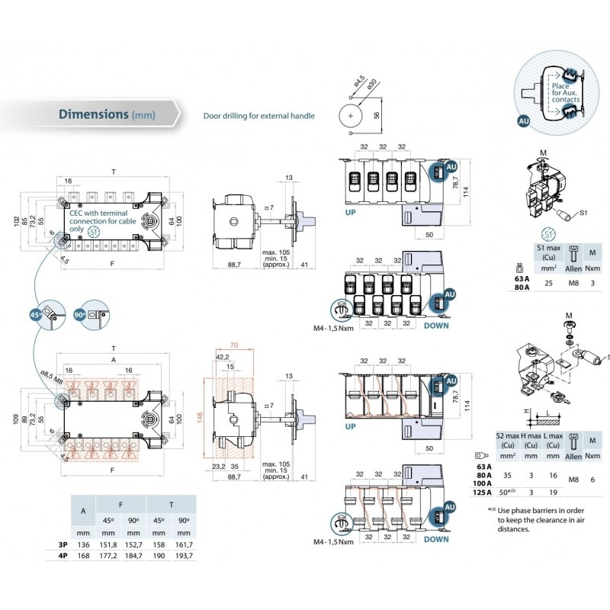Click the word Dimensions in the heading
(x=93, y=114)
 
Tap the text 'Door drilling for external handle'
(x=258, y=116)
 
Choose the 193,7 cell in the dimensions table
(x=183, y=557)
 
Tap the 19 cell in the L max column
(x=554, y=493)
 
